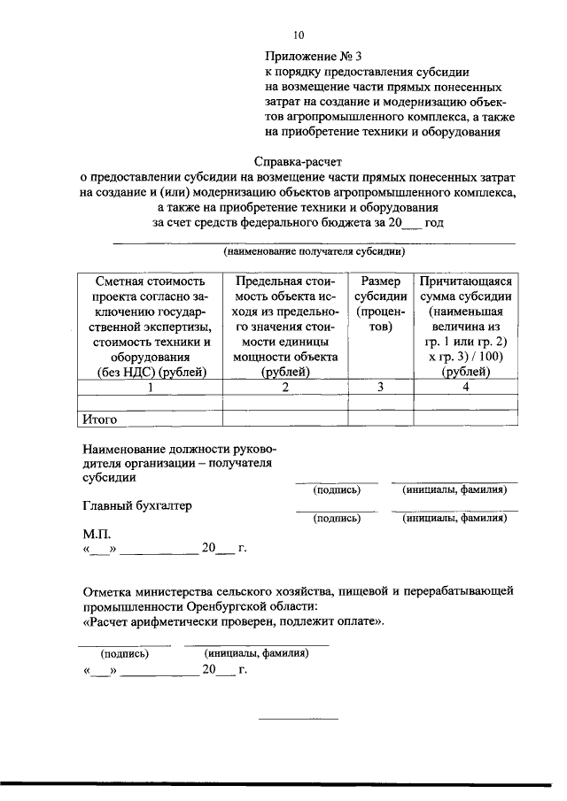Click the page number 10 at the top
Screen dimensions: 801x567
pyautogui.click(x=299, y=35)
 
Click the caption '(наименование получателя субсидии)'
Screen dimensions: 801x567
pyautogui.click(x=315, y=251)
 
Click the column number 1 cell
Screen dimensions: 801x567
pyautogui.click(x=151, y=387)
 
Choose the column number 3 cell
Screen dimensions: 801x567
pyautogui.click(x=381, y=387)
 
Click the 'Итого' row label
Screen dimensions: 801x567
pyautogui.click(x=99, y=420)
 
